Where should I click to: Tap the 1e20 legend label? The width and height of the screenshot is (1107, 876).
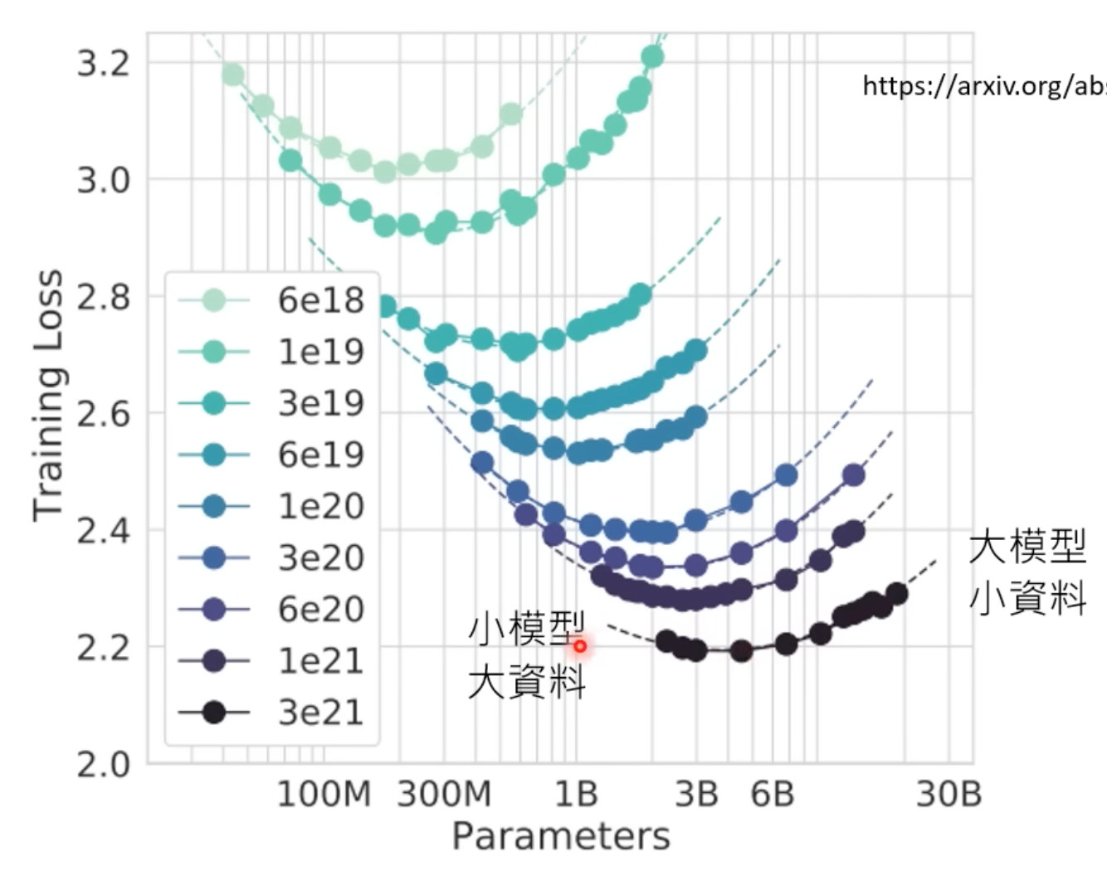click(x=320, y=506)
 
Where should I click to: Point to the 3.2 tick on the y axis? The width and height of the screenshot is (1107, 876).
click(x=105, y=63)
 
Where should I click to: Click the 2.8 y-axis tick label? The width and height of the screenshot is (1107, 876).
click(x=105, y=297)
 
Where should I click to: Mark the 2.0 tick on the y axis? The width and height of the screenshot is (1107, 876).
click(x=105, y=764)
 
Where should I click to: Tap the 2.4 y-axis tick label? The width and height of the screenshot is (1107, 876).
click(x=105, y=531)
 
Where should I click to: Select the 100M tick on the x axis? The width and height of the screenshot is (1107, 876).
click(x=323, y=794)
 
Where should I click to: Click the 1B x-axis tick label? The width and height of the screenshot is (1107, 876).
click(x=576, y=794)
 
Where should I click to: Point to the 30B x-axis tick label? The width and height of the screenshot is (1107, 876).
click(x=949, y=794)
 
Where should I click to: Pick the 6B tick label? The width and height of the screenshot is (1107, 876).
click(x=772, y=794)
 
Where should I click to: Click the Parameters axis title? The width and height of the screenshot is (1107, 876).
click(x=560, y=836)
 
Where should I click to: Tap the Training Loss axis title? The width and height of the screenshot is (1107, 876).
click(x=48, y=395)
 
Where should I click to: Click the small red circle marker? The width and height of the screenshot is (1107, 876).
click(x=580, y=645)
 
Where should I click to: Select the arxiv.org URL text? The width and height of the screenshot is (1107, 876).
click(x=983, y=85)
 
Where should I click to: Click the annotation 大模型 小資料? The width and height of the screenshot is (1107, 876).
click(x=1027, y=572)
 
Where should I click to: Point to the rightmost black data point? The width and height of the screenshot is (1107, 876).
click(x=896, y=593)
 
